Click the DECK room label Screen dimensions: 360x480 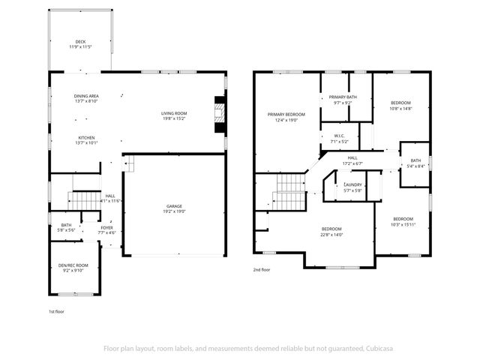pyautogui.click(x=79, y=42)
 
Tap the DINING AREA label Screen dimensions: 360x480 pyautogui.click(x=86, y=96)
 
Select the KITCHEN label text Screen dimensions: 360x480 pyautogui.click(x=86, y=138)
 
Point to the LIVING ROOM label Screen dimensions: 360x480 pyautogui.click(x=174, y=113)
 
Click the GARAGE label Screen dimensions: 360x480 pyautogui.click(x=174, y=206)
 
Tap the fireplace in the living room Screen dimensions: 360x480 pyautogui.click(x=220, y=111)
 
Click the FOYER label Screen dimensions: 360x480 pyautogui.click(x=107, y=227)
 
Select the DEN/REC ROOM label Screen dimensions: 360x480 pyautogui.click(x=73, y=265)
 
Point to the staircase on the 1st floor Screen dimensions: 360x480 pyautogui.click(x=84, y=200)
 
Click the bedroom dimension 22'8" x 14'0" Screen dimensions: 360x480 pyautogui.click(x=331, y=234)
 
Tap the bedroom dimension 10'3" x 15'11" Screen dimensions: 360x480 pyautogui.click(x=403, y=223)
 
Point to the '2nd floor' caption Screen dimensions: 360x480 pyautogui.click(x=262, y=269)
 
